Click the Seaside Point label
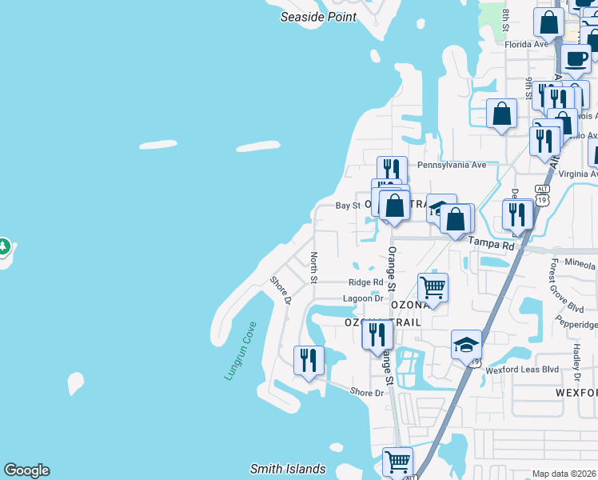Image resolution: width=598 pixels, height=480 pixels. tap(317, 16)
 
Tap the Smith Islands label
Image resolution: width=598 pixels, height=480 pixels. tap(288, 470)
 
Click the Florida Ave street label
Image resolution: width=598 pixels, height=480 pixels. tap(527, 44)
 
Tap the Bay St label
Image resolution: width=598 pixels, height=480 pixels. tap(348, 206)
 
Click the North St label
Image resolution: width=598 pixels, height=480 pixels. tap(313, 267)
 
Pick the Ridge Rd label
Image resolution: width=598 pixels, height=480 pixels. tap(366, 282)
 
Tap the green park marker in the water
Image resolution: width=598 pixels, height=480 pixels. tap(3, 247)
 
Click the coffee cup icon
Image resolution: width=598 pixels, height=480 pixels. tap(576, 58)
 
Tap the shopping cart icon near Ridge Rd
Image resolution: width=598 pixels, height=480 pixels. tap(433, 286)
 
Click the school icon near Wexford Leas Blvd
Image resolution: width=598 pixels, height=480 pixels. tap(466, 344)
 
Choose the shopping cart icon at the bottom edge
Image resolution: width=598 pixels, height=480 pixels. tap(397, 462)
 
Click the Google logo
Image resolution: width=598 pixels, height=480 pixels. tap(26, 470)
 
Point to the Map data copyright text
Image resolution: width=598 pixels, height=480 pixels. tap(564, 474)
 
